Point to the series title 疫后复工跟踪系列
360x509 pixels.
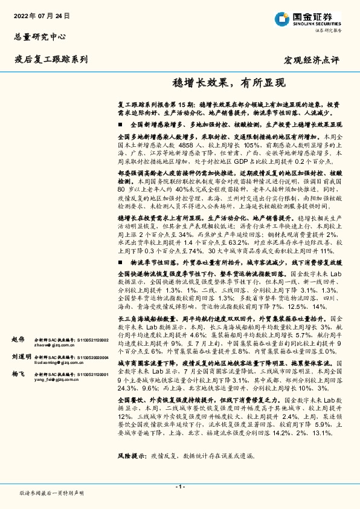pyautogui.click(x=51, y=59)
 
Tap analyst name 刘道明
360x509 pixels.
pyautogui.click(x=21, y=357)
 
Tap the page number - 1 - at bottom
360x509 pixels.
pyautogui.click(x=179, y=486)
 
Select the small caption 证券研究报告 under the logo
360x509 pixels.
pyautogui.click(x=327, y=30)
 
